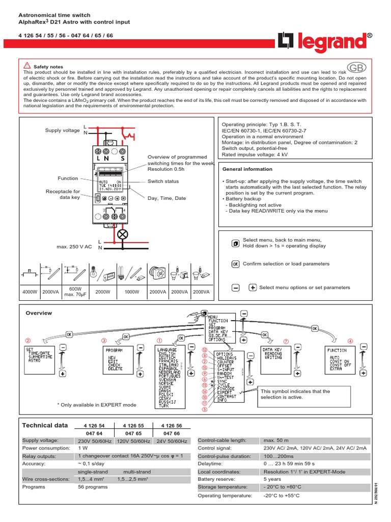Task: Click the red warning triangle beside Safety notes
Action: click(x=27, y=66)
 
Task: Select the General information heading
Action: click(x=247, y=169)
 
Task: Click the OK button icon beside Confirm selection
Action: click(x=235, y=264)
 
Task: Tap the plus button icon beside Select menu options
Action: click(x=253, y=288)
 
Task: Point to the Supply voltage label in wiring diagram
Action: click(x=62, y=130)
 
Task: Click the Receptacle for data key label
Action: click(x=63, y=194)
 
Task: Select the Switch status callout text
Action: click(x=163, y=181)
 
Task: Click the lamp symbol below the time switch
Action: click(x=123, y=234)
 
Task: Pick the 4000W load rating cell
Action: click(x=30, y=292)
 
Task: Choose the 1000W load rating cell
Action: click(x=132, y=292)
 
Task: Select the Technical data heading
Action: click(x=45, y=425)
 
